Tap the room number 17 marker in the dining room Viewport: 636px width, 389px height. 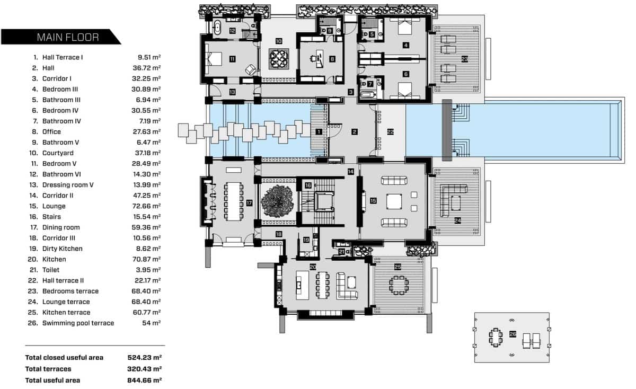click(249, 202)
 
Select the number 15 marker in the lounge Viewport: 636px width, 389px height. click(373, 201)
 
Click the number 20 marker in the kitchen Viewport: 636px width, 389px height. click(313, 266)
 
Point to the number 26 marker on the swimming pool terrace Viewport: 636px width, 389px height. click(513, 334)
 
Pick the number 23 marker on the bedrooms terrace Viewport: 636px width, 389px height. click(465, 59)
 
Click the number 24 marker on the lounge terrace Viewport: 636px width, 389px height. click(457, 219)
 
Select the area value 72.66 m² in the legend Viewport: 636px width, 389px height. click(146, 206)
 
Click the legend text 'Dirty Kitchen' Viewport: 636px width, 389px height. click(62, 249)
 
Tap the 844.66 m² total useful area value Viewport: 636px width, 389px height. click(144, 380)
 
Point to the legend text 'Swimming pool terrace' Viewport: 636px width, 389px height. click(78, 323)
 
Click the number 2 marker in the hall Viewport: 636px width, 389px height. click(354, 131)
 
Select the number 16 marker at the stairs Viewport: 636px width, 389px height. click(308, 185)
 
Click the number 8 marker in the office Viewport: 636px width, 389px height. click(332, 59)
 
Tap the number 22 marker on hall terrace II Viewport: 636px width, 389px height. click(390, 132)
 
